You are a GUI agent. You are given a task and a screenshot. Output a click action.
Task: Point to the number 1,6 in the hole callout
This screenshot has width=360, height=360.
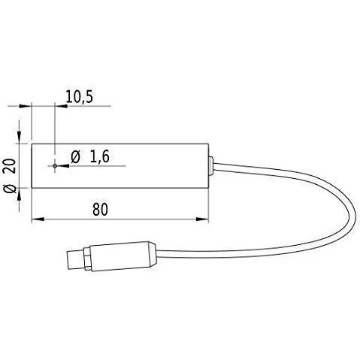pos(99,157)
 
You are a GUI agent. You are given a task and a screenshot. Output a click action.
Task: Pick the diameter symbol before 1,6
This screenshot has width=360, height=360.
pos(75,157)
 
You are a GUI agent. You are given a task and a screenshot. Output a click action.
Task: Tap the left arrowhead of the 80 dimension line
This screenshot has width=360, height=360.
pos(36,221)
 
